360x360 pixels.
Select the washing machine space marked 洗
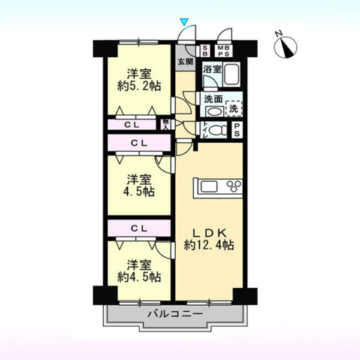pos(234,108)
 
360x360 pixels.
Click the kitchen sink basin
pos(207,186)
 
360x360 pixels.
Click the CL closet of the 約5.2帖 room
pos(132,125)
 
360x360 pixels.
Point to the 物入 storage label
pos(165,125)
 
